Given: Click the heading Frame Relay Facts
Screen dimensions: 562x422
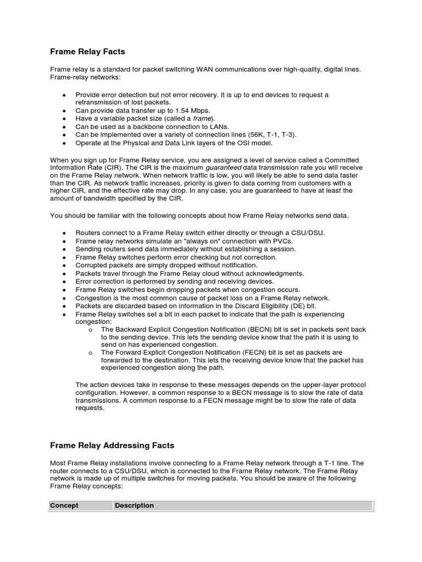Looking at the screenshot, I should (87, 52).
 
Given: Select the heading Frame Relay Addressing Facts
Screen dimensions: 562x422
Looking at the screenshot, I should (112, 445).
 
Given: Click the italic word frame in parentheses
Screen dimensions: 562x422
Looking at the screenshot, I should (202, 119).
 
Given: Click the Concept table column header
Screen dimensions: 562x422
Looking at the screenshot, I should (64, 505).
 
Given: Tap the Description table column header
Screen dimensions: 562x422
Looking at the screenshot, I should (134, 505).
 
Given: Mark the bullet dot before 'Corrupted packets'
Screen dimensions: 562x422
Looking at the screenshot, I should (64, 265).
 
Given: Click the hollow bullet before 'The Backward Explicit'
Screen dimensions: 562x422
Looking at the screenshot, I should (90, 330).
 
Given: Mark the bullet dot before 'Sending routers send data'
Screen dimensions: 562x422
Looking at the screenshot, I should (64, 249).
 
